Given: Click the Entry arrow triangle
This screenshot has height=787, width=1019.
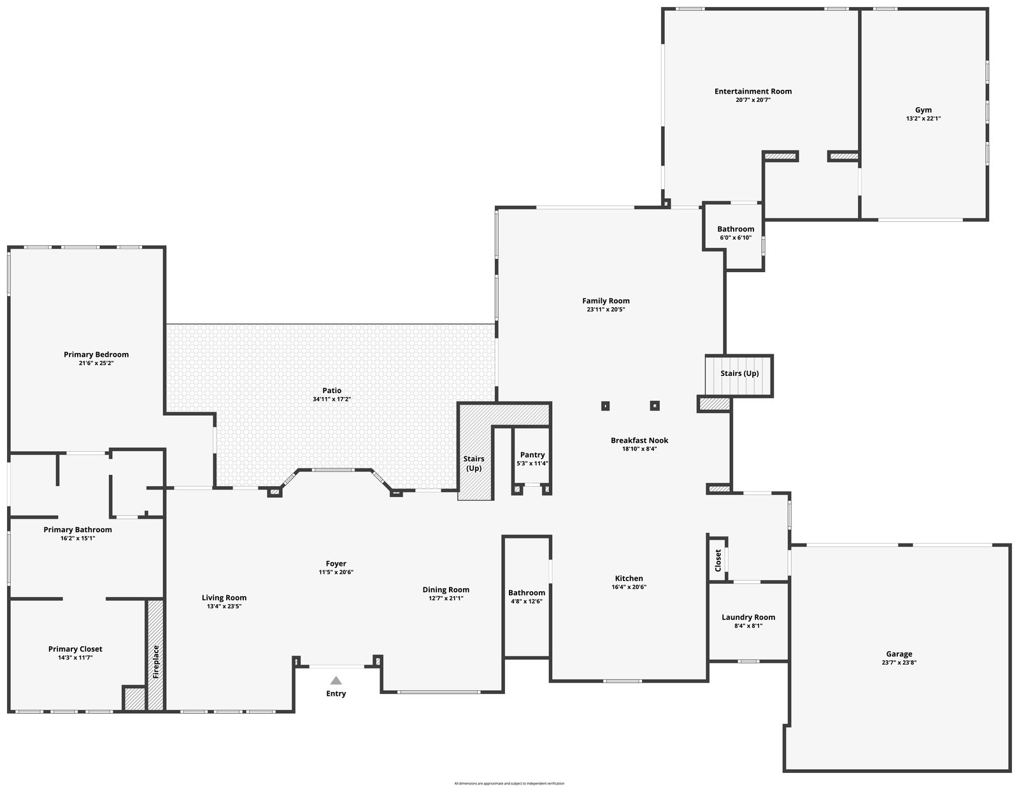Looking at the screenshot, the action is (x=336, y=681).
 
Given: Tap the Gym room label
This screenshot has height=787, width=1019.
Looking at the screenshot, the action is (x=923, y=110).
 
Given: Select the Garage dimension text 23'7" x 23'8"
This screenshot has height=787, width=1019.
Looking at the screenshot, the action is (x=899, y=663).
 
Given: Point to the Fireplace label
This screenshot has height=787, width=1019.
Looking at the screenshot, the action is (x=155, y=663).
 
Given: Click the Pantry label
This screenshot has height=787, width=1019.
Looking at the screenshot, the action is (x=532, y=455).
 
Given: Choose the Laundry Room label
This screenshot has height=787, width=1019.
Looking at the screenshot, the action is (x=748, y=617).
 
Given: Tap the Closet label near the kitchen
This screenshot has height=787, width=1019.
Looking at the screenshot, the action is (x=718, y=560).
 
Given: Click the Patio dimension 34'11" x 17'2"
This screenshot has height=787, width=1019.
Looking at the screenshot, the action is (x=332, y=400).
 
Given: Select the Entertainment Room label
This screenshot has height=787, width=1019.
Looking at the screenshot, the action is (x=753, y=91).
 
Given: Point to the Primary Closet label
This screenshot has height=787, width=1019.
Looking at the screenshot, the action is (x=75, y=649).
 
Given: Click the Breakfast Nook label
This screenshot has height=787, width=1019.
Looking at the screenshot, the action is (x=639, y=440).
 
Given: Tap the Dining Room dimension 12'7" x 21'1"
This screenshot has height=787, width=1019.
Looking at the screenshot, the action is (x=446, y=599).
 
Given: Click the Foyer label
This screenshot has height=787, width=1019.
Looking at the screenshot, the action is (x=336, y=564).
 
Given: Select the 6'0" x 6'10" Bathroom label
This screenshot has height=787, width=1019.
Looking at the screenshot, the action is (x=736, y=229).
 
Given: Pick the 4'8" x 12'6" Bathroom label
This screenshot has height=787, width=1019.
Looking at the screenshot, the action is (x=527, y=593).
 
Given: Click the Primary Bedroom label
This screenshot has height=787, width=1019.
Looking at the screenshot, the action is (x=96, y=355).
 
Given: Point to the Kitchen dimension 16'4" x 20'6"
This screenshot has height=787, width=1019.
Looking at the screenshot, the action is (x=629, y=588).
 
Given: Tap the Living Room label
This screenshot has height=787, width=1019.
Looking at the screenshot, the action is (x=224, y=598).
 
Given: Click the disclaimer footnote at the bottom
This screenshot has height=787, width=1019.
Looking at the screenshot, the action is (x=509, y=783).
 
